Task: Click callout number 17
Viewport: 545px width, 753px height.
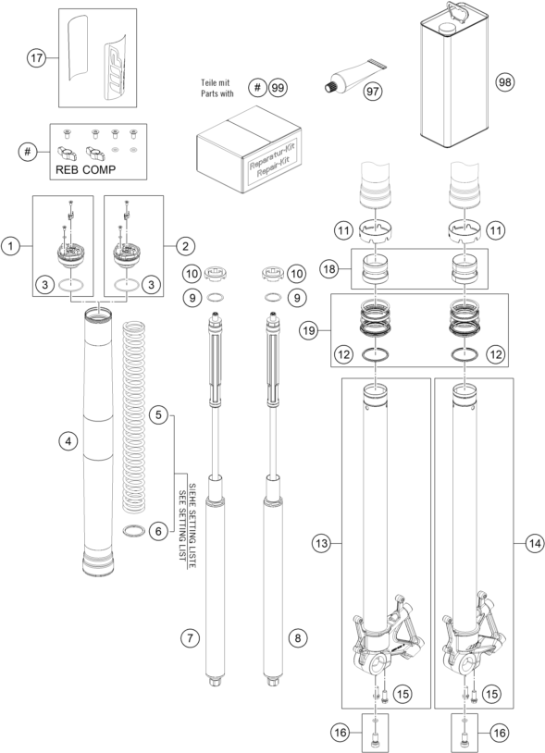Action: (37, 58)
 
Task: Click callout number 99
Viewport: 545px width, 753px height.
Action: (278, 88)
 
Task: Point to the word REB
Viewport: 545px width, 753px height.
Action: (65, 172)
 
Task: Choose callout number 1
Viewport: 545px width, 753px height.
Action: (10, 246)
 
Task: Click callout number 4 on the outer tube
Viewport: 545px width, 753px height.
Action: (66, 442)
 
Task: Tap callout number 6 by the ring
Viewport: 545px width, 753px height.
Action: (159, 531)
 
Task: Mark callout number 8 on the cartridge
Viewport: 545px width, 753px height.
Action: (297, 638)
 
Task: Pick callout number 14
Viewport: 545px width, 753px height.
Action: (532, 545)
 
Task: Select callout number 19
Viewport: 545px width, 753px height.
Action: (311, 329)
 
